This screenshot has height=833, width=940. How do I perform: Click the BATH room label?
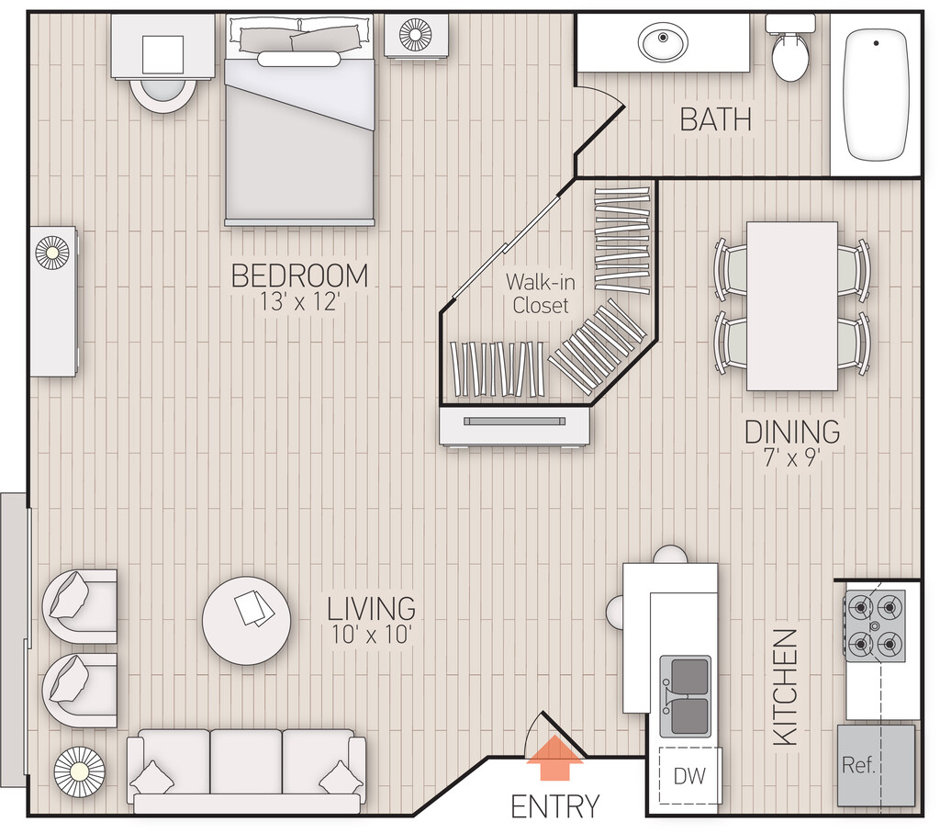(715, 118)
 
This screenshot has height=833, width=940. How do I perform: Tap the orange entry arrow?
(554, 758)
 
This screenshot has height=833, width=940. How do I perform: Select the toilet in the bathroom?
(790, 48)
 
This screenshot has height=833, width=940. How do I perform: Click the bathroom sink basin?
(663, 41)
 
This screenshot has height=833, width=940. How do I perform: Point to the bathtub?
(876, 95)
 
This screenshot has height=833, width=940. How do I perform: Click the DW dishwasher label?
(689, 776)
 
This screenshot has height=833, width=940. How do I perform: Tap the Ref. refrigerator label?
(858, 765)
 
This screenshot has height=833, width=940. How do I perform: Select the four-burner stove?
(875, 626)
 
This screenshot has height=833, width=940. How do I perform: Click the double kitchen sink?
(685, 696)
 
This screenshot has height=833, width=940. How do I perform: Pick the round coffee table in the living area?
(246, 621)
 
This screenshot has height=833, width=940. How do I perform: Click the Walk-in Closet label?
(540, 293)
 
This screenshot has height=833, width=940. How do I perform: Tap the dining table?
(792, 307)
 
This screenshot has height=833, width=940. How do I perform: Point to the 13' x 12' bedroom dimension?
(300, 301)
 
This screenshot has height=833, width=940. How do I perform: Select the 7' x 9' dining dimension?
(792, 458)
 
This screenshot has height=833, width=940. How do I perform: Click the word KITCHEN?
(786, 687)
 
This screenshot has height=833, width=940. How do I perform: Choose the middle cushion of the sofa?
(246, 761)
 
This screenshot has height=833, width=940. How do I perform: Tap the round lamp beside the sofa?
(79, 771)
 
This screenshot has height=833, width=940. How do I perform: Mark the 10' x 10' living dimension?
(371, 635)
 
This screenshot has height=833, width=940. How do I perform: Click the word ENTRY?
(554, 806)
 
